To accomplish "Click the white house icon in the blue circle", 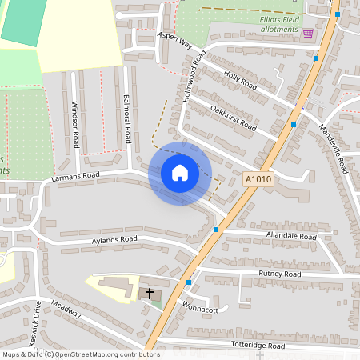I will pos(180,173).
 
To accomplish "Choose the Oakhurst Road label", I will pos(233,118).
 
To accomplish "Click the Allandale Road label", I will pos(291,237).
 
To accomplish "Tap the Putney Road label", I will pos(279,274).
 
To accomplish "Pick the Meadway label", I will pos(66,308).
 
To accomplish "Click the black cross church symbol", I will pos(149,294).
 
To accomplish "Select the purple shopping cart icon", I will pos(308,33).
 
